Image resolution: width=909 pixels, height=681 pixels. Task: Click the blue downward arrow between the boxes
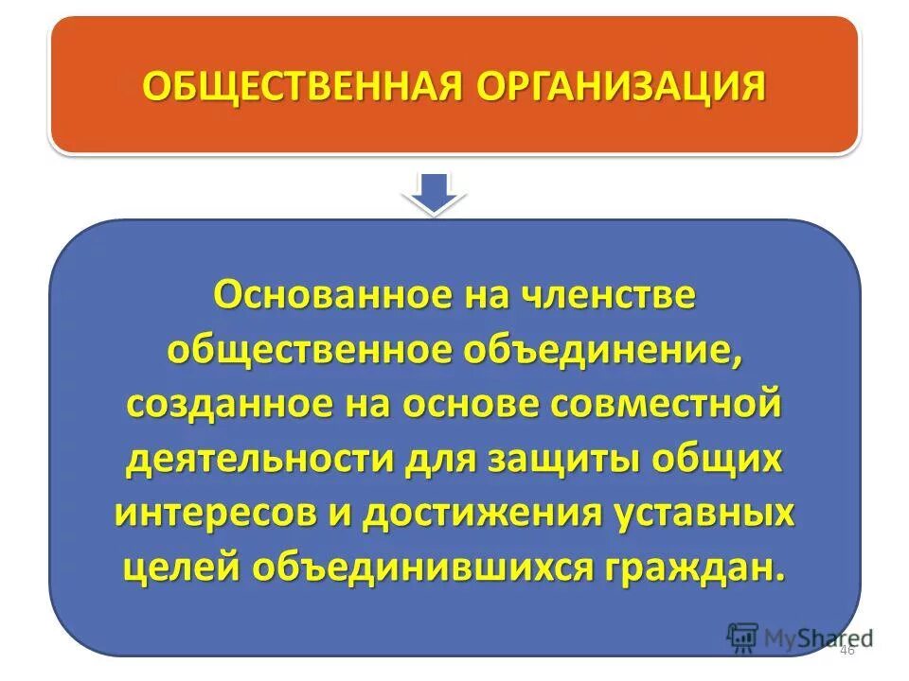(x=434, y=192)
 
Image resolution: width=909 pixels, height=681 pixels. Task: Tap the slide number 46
(x=847, y=651)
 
